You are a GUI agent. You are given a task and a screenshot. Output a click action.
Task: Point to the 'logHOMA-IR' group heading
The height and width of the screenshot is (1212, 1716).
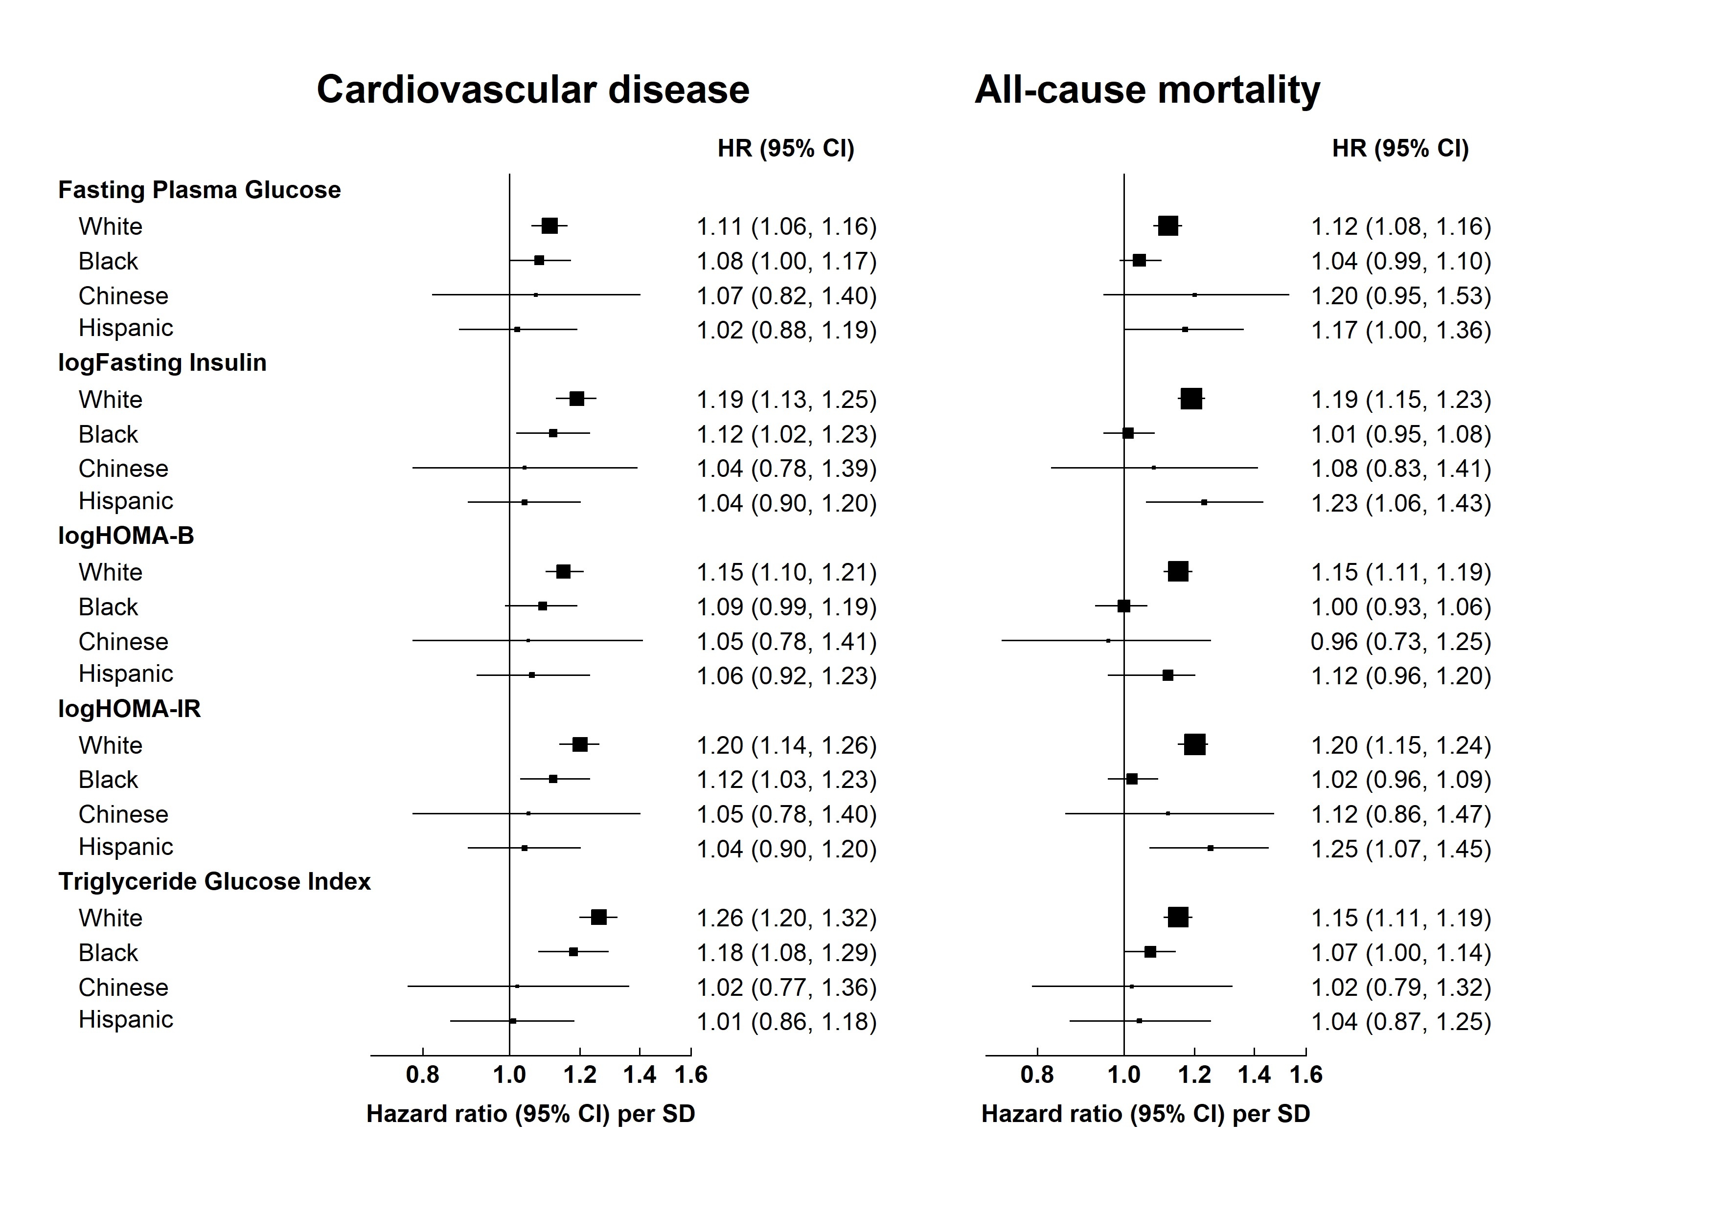click(129, 708)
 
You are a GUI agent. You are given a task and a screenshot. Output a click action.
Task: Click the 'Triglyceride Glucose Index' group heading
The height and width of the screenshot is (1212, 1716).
click(214, 882)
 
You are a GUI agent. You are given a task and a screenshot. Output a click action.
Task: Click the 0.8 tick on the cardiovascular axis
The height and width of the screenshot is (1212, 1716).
click(422, 1075)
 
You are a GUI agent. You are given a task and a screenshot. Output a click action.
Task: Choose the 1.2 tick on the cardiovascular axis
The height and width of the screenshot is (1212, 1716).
click(579, 1075)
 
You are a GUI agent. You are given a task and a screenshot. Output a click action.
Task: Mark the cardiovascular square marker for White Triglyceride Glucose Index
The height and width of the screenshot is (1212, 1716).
click(598, 918)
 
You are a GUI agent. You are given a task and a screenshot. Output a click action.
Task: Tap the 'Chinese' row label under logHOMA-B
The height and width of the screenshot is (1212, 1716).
click(123, 642)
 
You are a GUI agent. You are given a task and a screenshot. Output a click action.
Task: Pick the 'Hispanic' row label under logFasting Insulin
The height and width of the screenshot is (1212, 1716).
click(126, 501)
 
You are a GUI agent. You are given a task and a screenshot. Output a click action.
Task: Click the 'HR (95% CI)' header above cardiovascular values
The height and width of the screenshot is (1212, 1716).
click(785, 148)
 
